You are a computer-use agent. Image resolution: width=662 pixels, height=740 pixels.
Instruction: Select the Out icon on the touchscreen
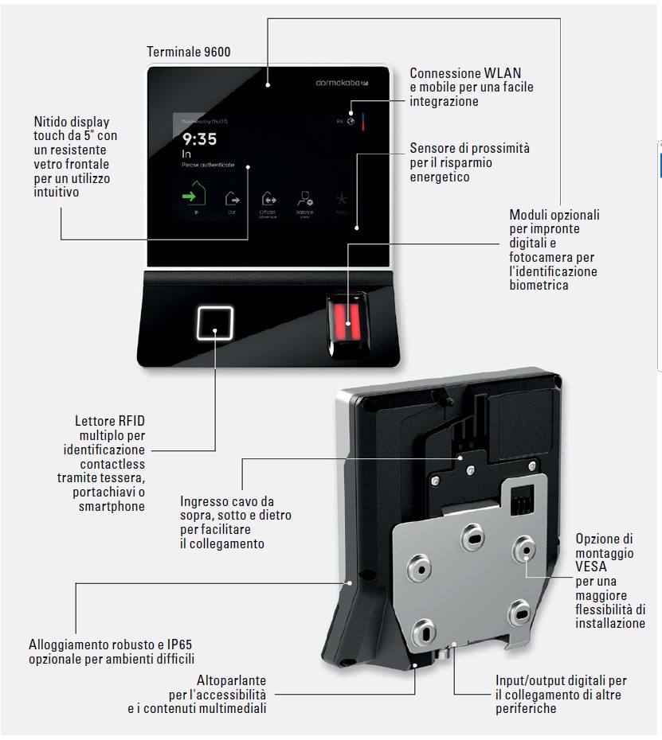pos(232,198)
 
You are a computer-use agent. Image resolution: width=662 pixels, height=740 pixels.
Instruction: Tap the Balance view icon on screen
pos(305,199)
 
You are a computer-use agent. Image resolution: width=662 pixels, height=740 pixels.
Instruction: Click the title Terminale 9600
pos(189,52)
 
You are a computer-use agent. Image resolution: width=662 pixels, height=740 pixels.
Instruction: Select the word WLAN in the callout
pos(503,73)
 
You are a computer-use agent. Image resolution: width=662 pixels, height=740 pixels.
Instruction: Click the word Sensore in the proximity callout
pos(433,148)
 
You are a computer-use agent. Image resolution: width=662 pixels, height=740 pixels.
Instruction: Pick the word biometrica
pos(539,285)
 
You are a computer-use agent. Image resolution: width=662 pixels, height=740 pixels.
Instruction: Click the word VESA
pos(590,567)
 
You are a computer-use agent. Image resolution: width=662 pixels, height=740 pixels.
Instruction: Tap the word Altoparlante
pos(232,680)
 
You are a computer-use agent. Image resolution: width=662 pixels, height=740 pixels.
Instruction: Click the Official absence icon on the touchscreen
pos(268,199)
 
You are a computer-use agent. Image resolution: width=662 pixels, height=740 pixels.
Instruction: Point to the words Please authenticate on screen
pos(208,165)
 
